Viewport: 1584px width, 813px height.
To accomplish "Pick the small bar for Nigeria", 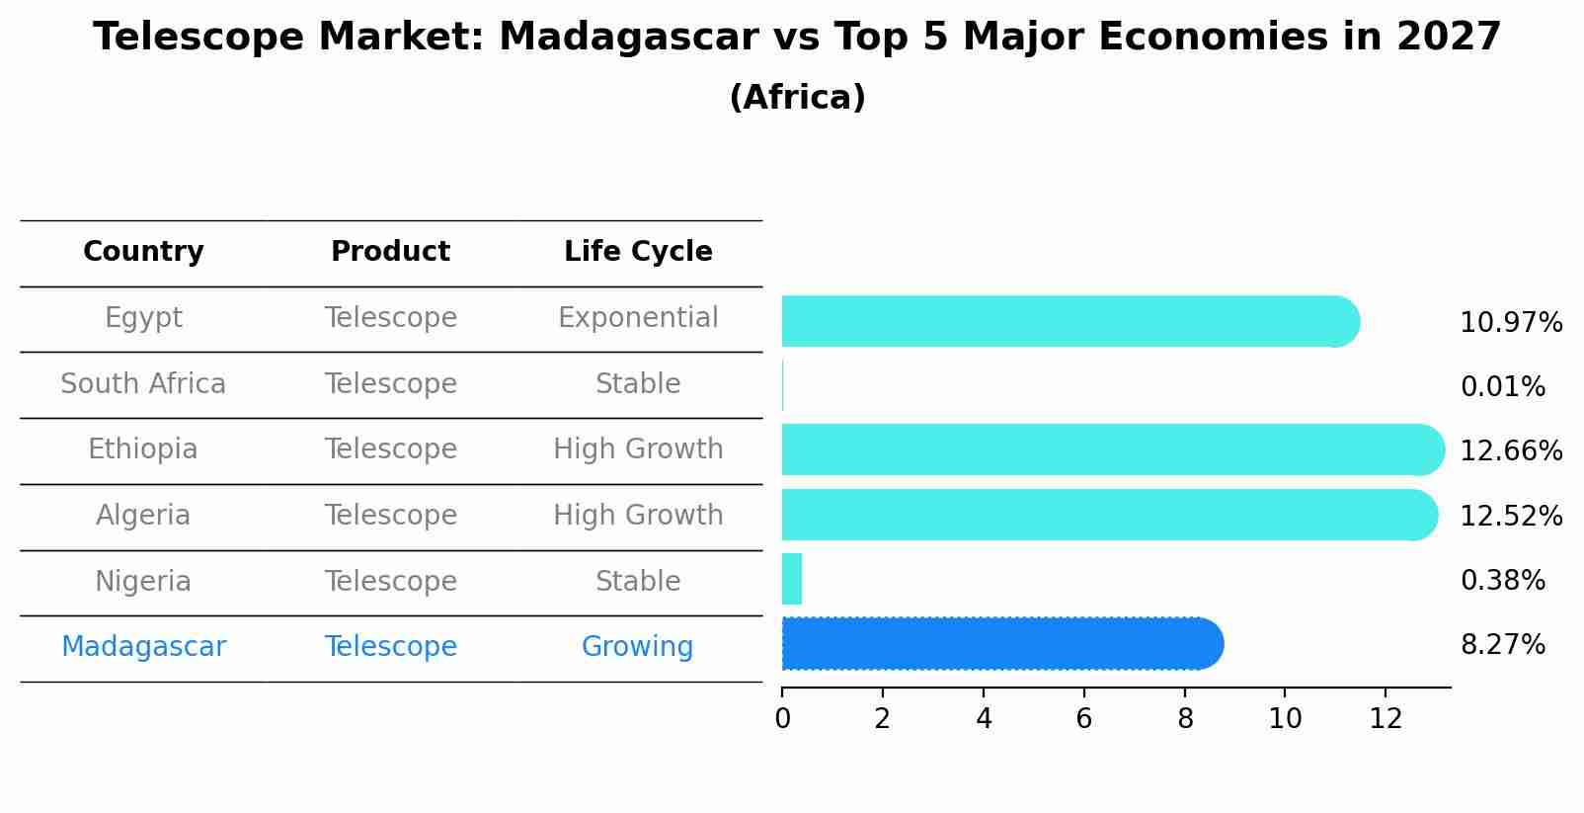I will pyautogui.click(x=792, y=580).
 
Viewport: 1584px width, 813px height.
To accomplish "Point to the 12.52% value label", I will pyautogui.click(x=1511, y=517).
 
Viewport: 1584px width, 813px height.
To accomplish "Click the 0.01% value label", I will pyautogui.click(x=1502, y=387).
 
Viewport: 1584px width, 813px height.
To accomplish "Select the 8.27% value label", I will pyautogui.click(x=1502, y=645).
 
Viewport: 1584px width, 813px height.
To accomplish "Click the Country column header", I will pyautogui.click(x=143, y=252).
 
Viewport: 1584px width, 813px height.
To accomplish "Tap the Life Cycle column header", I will pyautogui.click(x=638, y=252).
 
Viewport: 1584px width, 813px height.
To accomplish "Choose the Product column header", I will pyautogui.click(x=390, y=252).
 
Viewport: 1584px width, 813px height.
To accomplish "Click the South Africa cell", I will pyautogui.click(x=143, y=384).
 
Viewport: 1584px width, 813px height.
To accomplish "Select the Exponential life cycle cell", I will pyautogui.click(x=638, y=318).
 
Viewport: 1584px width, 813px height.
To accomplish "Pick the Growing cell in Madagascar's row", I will pyautogui.click(x=637, y=647).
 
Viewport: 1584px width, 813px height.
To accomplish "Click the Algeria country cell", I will pyautogui.click(x=143, y=516).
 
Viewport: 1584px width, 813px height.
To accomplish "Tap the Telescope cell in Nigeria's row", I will pyautogui.click(x=390, y=582).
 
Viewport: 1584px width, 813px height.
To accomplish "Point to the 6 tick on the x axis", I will pyautogui.click(x=1083, y=719).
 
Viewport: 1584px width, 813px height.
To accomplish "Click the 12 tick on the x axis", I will pyautogui.click(x=1386, y=719).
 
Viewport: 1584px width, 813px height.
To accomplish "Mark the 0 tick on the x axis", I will pyautogui.click(x=782, y=719).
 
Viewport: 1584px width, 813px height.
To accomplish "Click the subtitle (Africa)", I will pyautogui.click(x=797, y=98).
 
